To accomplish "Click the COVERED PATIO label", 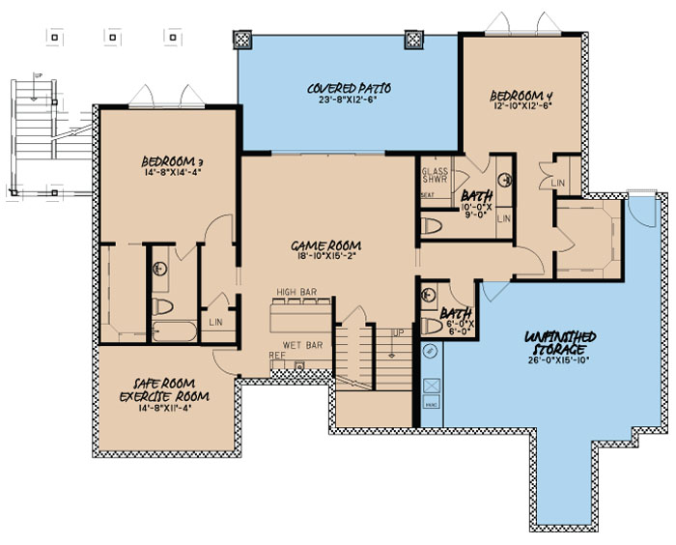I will point(341,88).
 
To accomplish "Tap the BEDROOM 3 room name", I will point(170,162).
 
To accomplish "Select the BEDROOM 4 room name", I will point(521,95).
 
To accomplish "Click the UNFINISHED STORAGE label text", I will point(560,341).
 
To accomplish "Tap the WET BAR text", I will point(302,344).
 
